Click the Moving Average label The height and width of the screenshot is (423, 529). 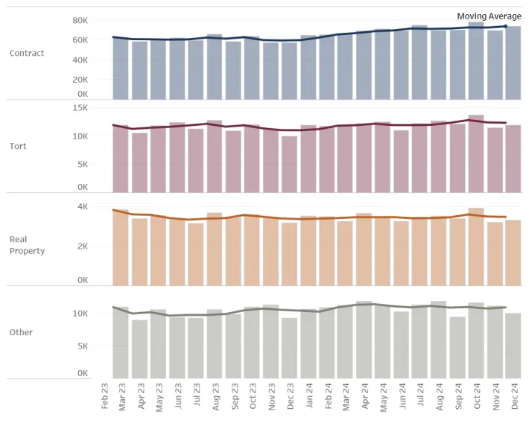point(489,16)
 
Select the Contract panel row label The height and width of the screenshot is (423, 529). point(27,53)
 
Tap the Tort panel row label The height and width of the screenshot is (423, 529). point(18,146)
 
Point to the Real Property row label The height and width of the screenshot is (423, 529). point(27,245)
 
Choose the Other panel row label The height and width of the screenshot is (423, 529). point(20,332)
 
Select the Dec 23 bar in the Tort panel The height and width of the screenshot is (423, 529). point(289,164)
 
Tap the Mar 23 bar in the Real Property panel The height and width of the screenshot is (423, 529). point(121,247)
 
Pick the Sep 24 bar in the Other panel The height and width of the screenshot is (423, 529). point(457,348)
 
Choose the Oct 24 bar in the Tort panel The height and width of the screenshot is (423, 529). point(476,153)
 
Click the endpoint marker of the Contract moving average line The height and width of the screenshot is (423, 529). point(506,26)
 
